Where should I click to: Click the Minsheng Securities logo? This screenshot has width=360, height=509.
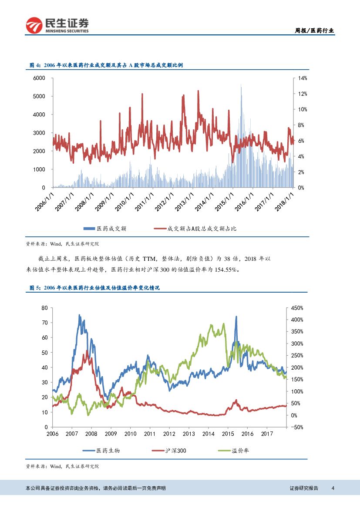click(x=57, y=25)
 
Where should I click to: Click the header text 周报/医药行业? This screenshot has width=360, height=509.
click(x=315, y=30)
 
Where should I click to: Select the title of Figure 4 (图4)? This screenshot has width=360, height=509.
click(x=106, y=65)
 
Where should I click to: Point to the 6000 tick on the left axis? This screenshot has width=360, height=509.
click(x=39, y=78)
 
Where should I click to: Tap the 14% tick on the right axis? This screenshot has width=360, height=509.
click(x=302, y=78)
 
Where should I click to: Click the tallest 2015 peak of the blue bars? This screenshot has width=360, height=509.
click(x=241, y=85)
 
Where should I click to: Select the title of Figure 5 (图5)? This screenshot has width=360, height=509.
click(x=94, y=288)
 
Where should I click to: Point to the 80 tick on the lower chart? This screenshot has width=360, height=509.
click(x=44, y=308)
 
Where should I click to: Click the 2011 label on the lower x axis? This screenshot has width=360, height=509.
click(x=150, y=434)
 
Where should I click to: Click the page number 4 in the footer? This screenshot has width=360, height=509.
click(x=333, y=488)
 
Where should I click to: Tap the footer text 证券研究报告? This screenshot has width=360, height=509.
click(x=304, y=488)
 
